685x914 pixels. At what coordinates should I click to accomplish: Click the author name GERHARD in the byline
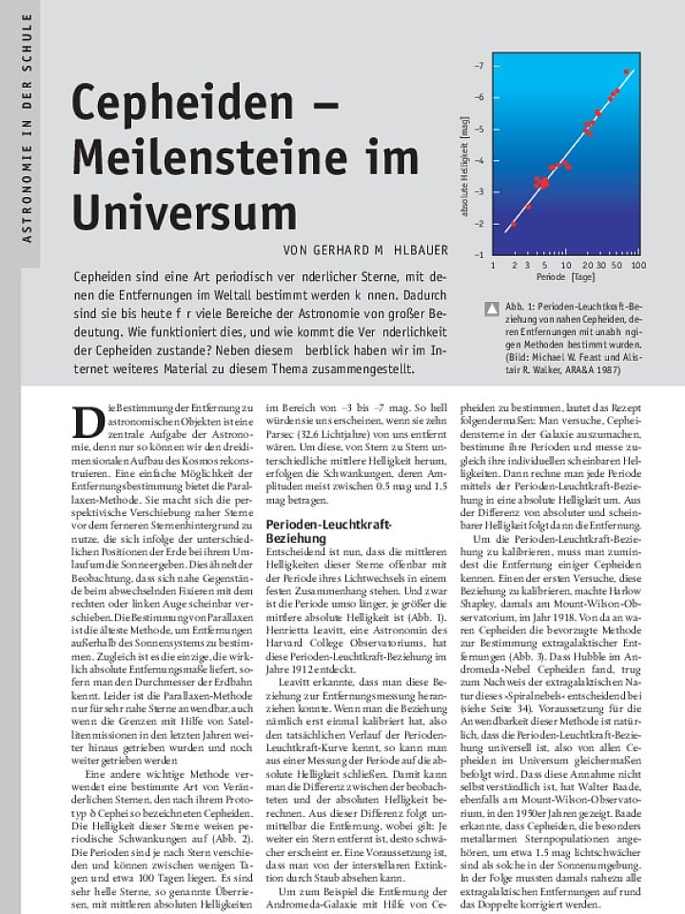tap(345, 249)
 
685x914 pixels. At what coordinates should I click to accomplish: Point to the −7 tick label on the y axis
tap(479, 66)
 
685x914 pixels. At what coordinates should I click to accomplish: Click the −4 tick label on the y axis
tap(479, 160)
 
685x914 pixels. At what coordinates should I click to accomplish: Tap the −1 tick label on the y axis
tap(479, 254)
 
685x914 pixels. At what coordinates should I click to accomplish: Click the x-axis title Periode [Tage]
tap(565, 278)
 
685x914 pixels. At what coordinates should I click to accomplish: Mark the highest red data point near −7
tap(626, 71)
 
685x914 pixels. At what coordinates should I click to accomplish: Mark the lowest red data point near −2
tap(514, 225)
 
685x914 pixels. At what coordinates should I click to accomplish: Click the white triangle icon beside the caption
tap(492, 308)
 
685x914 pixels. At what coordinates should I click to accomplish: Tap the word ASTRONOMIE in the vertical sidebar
tap(27, 195)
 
